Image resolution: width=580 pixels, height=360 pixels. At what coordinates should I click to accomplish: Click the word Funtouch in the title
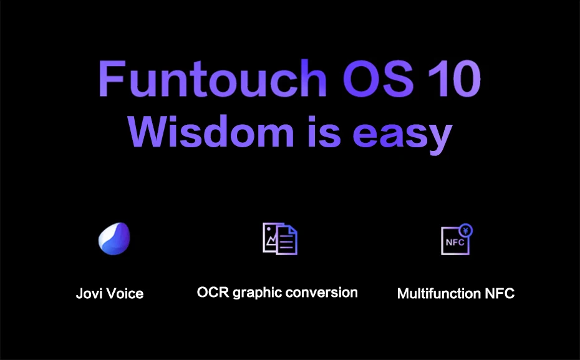click(x=213, y=78)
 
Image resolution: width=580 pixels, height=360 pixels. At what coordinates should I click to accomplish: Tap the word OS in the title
click(x=378, y=79)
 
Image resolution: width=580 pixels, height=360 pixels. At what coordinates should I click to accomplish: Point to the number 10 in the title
click(x=455, y=79)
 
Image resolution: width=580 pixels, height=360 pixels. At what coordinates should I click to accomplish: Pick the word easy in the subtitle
click(x=403, y=135)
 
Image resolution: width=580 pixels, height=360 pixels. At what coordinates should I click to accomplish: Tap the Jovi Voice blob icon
click(x=114, y=238)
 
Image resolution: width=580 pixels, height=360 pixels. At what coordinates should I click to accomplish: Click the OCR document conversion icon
click(x=280, y=238)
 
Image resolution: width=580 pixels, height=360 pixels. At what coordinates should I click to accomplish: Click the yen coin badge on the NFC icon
click(x=466, y=230)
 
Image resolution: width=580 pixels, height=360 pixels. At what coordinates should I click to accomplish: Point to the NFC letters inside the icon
click(x=455, y=242)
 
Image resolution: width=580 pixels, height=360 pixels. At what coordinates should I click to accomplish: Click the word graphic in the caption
click(x=258, y=293)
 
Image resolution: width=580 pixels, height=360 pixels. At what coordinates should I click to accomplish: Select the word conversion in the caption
click(x=322, y=293)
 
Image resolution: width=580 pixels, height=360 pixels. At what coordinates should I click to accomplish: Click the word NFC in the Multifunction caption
click(x=500, y=294)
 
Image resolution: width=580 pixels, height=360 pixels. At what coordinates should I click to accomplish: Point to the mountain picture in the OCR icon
click(x=271, y=238)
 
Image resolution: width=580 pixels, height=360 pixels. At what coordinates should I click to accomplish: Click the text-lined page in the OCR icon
click(x=288, y=241)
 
